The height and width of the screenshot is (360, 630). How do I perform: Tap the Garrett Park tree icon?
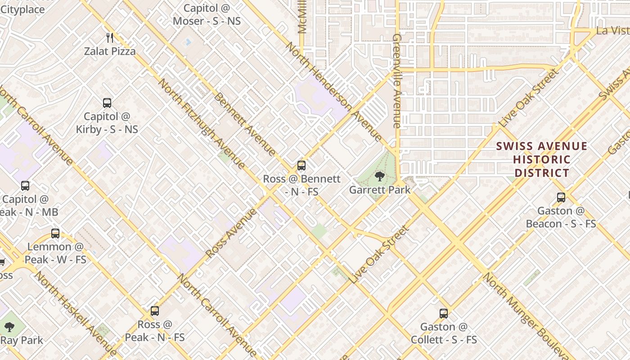pyautogui.click(x=380, y=176)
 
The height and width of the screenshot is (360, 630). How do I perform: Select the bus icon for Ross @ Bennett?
pyautogui.click(x=301, y=165)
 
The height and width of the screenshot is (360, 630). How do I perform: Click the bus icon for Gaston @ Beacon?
pyautogui.click(x=561, y=197)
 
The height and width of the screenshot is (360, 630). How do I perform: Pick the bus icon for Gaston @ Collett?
pyautogui.click(x=444, y=313)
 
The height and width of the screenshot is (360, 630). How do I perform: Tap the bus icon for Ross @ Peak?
pyautogui.click(x=154, y=310)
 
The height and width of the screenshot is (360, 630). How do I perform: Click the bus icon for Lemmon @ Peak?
pyautogui.click(x=55, y=233)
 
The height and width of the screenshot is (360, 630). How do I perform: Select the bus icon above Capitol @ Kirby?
pyautogui.click(x=107, y=103)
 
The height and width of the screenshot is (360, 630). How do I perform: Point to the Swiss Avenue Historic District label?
pyautogui.click(x=542, y=159)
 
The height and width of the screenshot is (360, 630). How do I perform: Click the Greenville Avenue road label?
pyautogui.click(x=396, y=81)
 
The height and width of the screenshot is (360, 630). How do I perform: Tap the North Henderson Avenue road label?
pyautogui.click(x=333, y=90)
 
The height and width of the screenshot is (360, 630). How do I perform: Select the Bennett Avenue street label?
pyautogui.click(x=244, y=124)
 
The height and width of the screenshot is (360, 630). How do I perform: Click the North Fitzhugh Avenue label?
pyautogui.click(x=202, y=124)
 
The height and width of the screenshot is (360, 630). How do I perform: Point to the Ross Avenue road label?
pyautogui.click(x=231, y=232)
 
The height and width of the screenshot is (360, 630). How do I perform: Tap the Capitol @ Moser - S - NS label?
pyautogui.click(x=207, y=14)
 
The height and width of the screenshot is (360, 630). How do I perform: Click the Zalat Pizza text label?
pyautogui.click(x=110, y=51)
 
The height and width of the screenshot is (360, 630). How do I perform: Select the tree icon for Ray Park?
pyautogui.click(x=9, y=327)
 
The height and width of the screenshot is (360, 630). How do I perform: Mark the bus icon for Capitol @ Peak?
pyautogui.click(x=25, y=185)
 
